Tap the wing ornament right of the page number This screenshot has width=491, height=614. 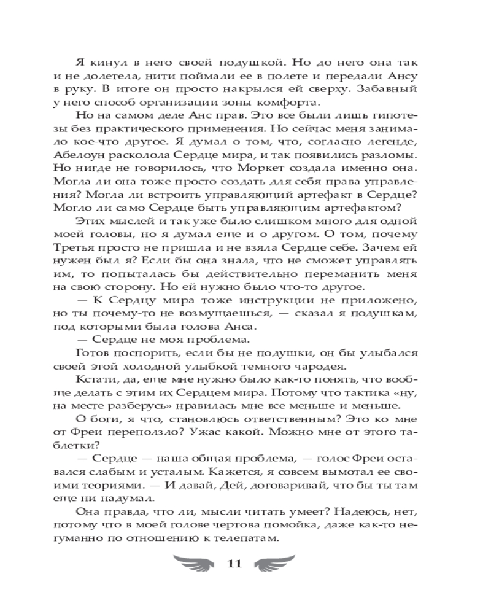tap(277, 564)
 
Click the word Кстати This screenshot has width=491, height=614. tap(93, 381)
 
